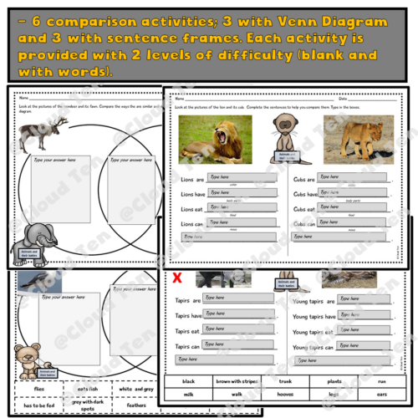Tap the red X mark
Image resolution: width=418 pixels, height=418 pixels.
pyautogui.click(x=177, y=279)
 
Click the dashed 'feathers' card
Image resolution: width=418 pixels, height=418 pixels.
pyautogui.click(x=135, y=406)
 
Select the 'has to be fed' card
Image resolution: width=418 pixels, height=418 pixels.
pyautogui.click(x=39, y=406)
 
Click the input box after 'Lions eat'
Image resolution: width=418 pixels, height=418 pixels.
pyautogui.click(x=231, y=208)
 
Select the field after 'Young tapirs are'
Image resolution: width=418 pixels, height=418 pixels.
pyautogui.click(x=363, y=298)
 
